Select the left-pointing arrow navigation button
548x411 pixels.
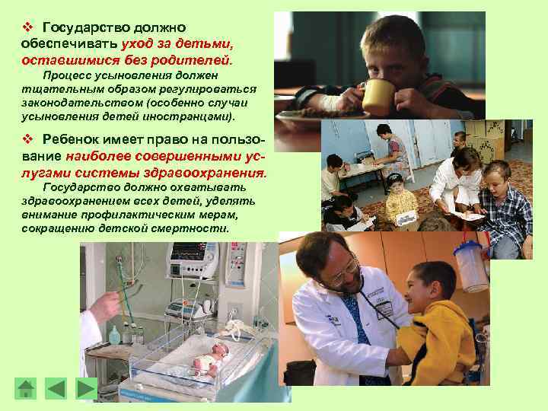tap(56, 389)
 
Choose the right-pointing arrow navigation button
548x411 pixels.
tap(87, 389)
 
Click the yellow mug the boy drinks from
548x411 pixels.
tap(378, 97)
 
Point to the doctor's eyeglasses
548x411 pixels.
tap(343, 269)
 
